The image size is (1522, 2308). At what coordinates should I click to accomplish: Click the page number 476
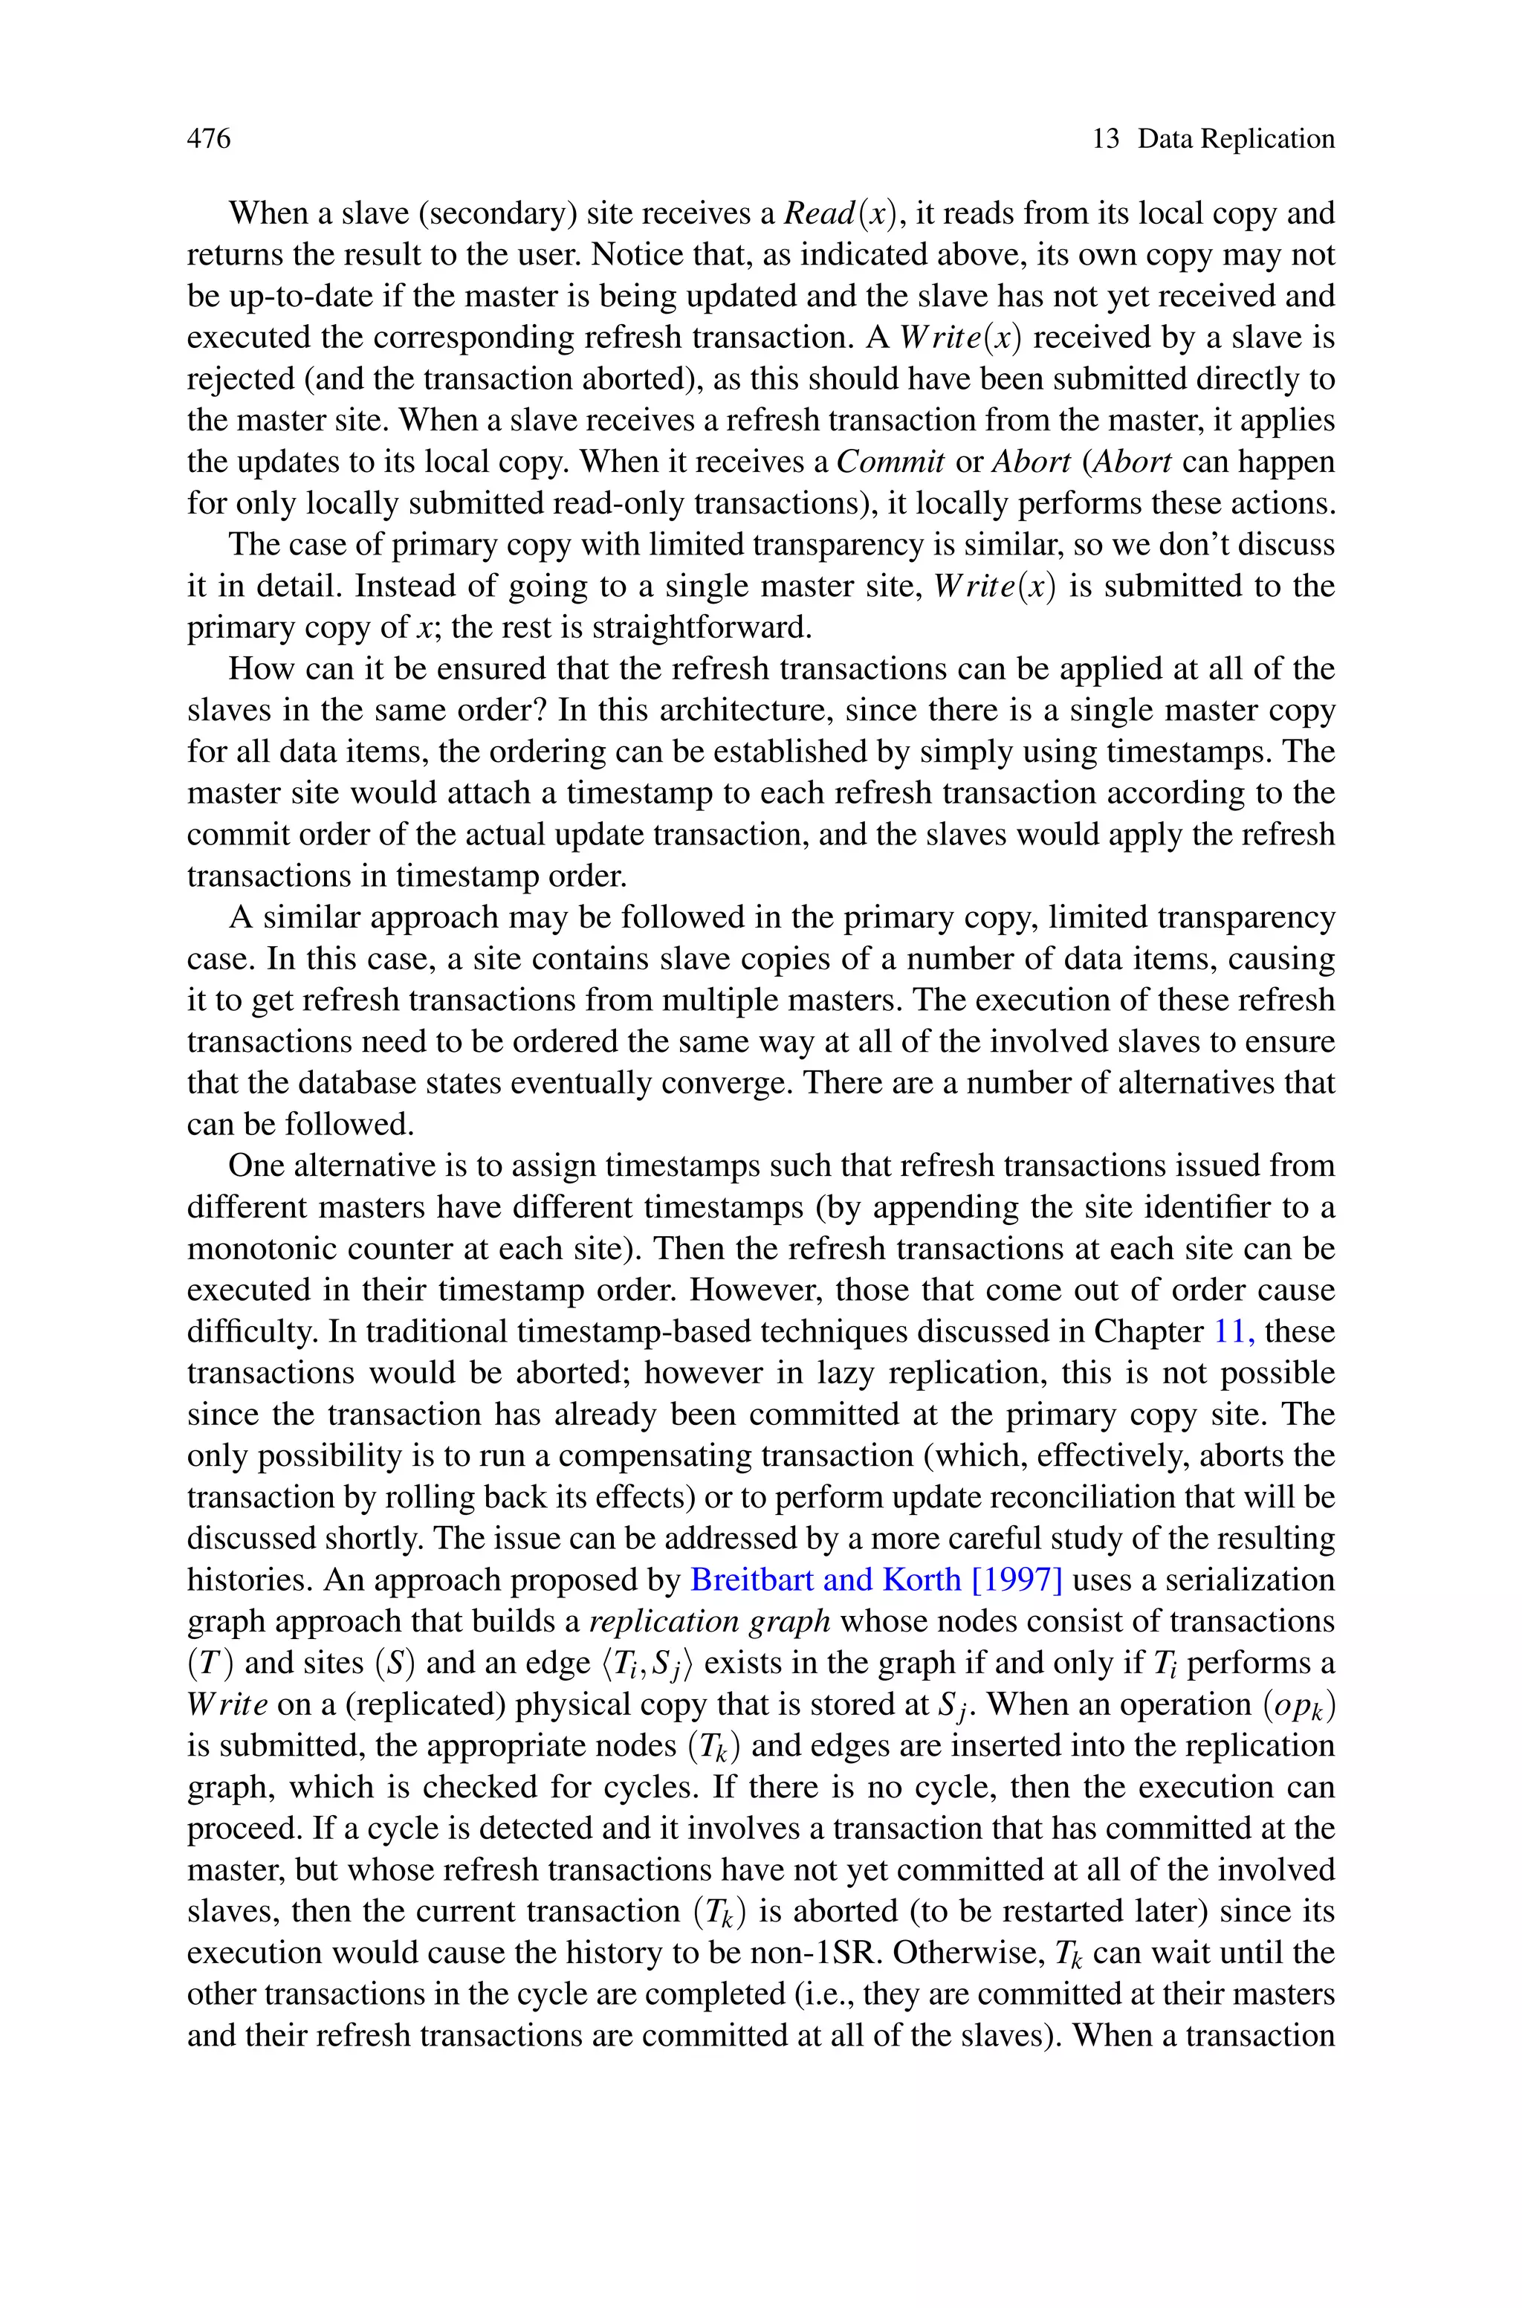coord(209,139)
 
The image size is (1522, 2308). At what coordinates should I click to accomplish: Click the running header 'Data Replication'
coord(1236,139)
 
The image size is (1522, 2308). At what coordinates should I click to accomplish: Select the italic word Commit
coord(890,461)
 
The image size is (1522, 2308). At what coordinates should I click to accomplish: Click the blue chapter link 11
coord(1234,1331)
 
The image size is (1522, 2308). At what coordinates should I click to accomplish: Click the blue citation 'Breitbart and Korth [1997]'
coord(876,1579)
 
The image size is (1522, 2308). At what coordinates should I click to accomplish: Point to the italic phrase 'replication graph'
coord(710,1621)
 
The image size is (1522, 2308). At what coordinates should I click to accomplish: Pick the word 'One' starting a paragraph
coord(256,1165)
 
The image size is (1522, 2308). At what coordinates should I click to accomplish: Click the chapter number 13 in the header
coord(1106,139)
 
